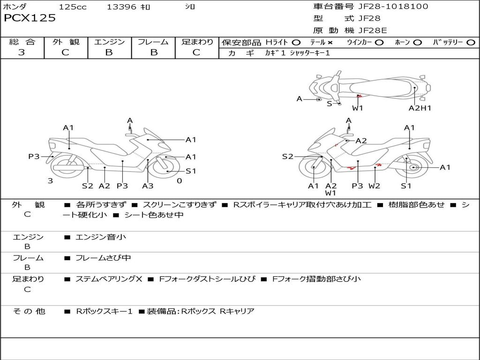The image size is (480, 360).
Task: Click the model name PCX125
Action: [30, 18]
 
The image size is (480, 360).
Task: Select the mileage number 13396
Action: [121, 7]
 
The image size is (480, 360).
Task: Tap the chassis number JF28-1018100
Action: [387, 7]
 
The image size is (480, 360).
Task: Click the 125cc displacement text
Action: [73, 7]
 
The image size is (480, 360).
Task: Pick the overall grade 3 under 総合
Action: [22, 52]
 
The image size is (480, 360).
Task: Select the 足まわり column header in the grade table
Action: [197, 42]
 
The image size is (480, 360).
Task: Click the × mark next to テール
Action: [330, 42]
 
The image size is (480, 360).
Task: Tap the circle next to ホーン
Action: [417, 42]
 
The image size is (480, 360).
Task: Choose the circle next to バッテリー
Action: [471, 42]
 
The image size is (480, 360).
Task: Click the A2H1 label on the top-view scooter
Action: [420, 108]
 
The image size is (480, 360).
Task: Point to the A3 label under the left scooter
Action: [148, 186]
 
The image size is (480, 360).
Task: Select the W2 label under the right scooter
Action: [374, 186]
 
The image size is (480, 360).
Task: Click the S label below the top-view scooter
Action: [329, 104]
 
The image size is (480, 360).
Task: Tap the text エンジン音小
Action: [101, 237]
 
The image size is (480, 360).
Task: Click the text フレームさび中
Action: [103, 258]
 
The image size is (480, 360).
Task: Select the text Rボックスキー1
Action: [104, 311]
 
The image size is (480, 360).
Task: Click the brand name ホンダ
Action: [15, 7]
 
